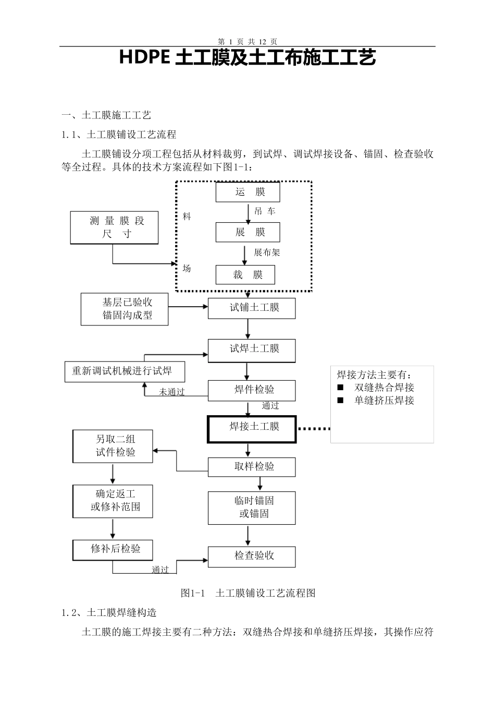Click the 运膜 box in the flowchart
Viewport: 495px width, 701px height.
click(x=247, y=192)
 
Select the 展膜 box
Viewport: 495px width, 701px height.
click(x=247, y=233)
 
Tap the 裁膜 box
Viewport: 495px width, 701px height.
click(x=245, y=275)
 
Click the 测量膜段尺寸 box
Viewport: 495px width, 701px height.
click(x=114, y=227)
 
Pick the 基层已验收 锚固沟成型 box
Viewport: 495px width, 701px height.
click(x=125, y=309)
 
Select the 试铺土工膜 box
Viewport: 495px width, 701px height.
click(x=252, y=308)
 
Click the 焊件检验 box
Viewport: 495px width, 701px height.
click(x=252, y=390)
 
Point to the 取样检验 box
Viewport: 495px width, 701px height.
click(x=252, y=467)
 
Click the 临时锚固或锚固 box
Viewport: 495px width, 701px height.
click(x=252, y=507)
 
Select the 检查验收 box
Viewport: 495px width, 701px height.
click(x=252, y=556)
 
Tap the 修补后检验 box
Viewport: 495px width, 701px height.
click(x=113, y=549)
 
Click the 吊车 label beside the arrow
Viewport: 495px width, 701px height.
click(x=265, y=212)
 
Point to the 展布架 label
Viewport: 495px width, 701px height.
click(x=267, y=252)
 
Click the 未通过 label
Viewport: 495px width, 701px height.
click(x=171, y=392)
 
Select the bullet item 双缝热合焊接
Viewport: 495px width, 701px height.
click(x=384, y=388)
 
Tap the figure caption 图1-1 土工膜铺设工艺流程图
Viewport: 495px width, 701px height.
click(x=247, y=593)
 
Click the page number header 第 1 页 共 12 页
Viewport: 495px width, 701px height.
click(x=247, y=41)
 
